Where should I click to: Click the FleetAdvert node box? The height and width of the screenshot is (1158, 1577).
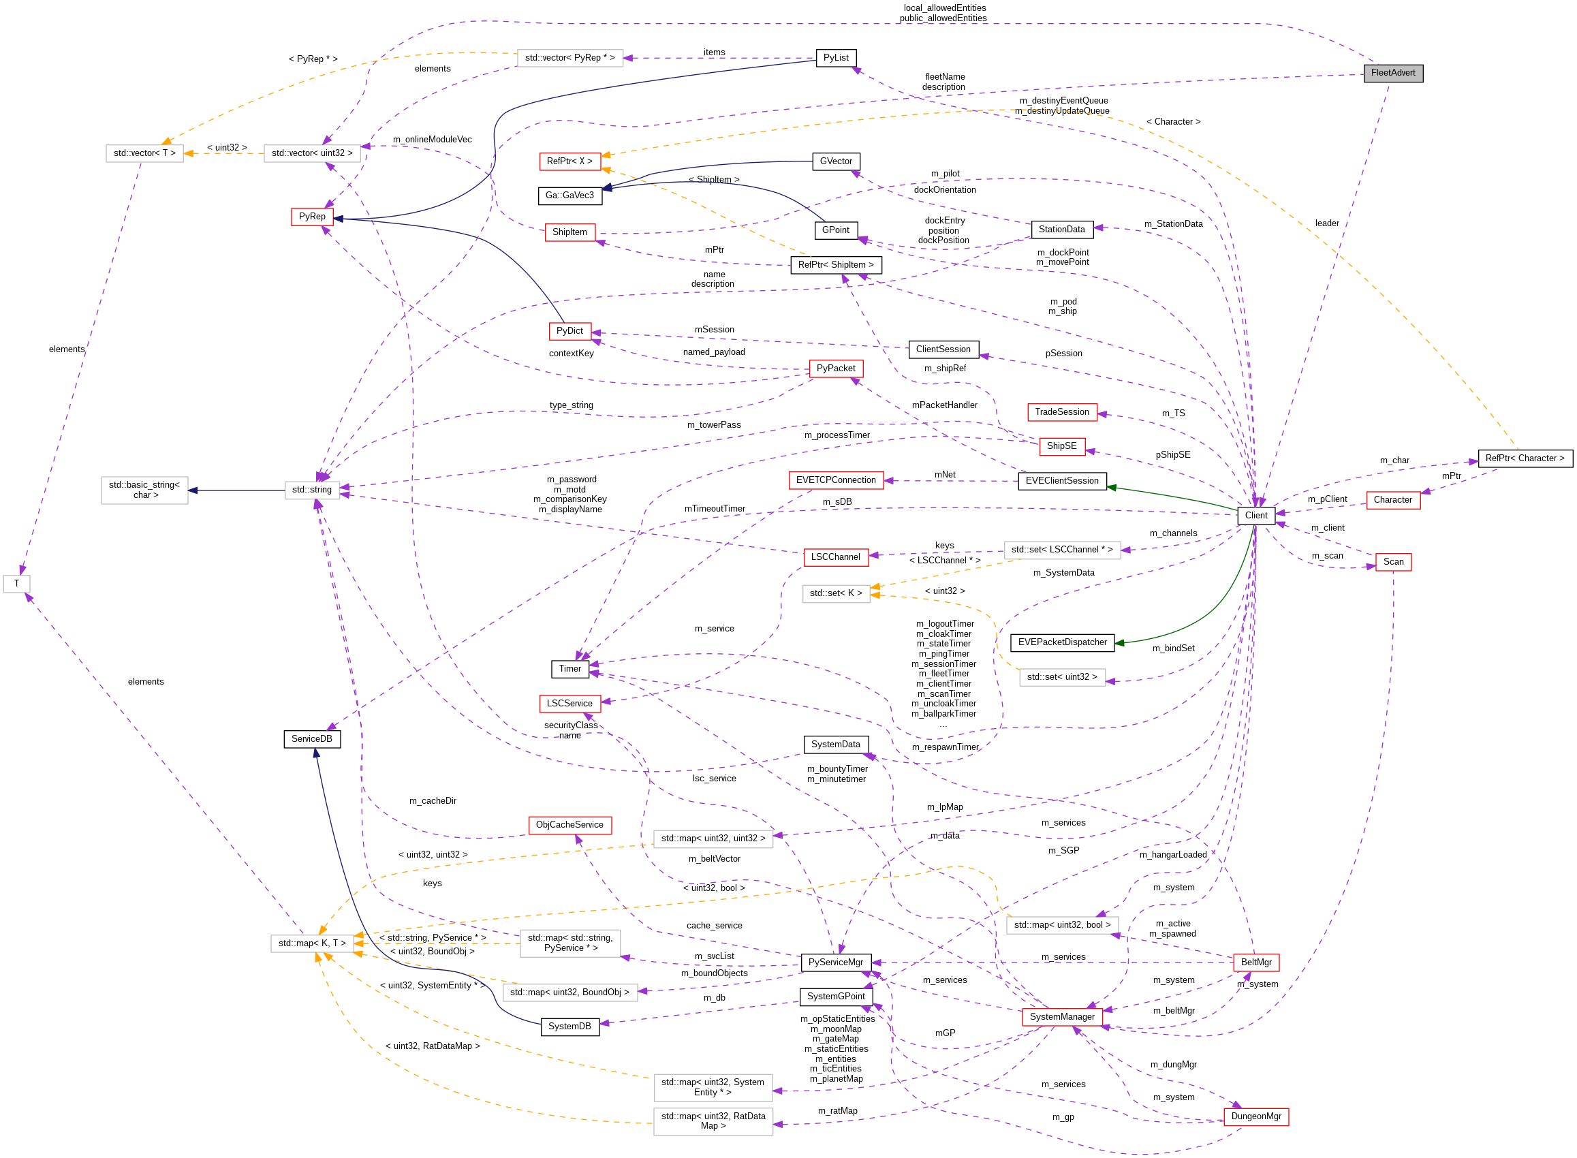[x=1392, y=73]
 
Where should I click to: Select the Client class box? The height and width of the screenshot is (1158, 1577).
[x=1255, y=515]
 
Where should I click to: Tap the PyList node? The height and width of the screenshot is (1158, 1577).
[x=835, y=58]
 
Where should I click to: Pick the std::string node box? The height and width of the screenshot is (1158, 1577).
[x=312, y=490]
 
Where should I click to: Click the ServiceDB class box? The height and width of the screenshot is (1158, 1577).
[x=312, y=739]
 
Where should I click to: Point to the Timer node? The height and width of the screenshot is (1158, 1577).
[x=569, y=669]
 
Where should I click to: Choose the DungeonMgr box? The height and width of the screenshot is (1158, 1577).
[x=1255, y=1116]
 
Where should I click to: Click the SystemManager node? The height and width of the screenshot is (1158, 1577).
[x=1062, y=1016]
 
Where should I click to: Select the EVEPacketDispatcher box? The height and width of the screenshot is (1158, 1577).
[x=1062, y=642]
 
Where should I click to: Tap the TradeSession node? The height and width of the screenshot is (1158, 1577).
[x=1062, y=412]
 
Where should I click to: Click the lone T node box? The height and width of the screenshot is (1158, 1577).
[x=17, y=583]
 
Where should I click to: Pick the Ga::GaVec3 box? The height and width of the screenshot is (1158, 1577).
[x=569, y=195]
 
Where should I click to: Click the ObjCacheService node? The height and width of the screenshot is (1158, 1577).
[x=569, y=824]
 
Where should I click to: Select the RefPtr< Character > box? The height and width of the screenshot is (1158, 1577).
[x=1525, y=458]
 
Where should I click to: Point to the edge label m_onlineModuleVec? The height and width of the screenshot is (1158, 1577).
[x=432, y=140]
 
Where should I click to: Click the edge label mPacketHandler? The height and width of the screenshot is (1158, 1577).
[x=944, y=405]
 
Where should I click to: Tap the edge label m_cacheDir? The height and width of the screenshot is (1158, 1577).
[x=433, y=800]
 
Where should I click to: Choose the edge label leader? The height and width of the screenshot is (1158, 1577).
[x=1327, y=223]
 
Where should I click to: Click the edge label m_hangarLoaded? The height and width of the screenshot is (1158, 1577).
[x=1172, y=854]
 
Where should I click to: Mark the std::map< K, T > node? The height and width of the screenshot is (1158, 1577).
[x=312, y=943]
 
